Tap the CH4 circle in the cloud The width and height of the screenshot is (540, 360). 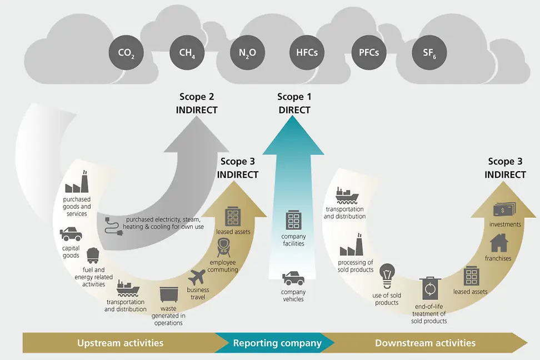(x=187, y=54)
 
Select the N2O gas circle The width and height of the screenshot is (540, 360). (x=247, y=54)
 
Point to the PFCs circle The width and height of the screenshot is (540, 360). (x=366, y=54)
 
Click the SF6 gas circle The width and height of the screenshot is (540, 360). (x=429, y=54)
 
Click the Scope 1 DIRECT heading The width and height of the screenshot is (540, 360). (x=294, y=103)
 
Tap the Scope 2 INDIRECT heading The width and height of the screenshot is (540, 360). (x=197, y=103)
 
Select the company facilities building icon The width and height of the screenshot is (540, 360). (x=293, y=220)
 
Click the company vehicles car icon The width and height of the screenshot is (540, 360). (x=293, y=278)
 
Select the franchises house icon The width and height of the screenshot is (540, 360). (x=499, y=243)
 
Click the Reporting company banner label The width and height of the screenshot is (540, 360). (x=277, y=343)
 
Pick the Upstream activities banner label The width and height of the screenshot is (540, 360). (x=121, y=343)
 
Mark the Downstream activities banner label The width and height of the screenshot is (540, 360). (x=425, y=343)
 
